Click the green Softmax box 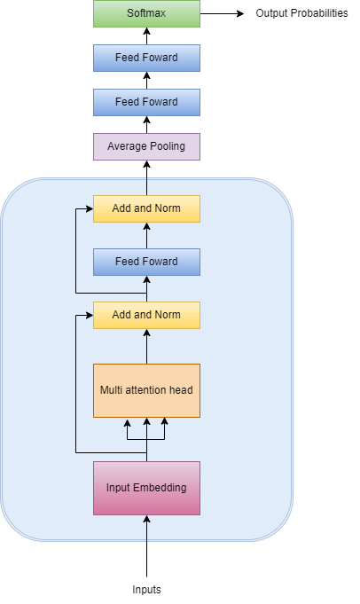(x=146, y=13)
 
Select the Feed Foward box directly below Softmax (x=146, y=58)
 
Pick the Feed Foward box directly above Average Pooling (x=146, y=102)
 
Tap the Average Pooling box (x=146, y=146)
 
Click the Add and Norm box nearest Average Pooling (x=146, y=208)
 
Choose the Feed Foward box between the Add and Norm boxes (x=146, y=262)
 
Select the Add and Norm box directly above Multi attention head (x=146, y=315)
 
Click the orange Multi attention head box (x=146, y=390)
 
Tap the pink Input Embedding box (x=146, y=488)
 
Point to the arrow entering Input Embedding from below (x=146, y=529)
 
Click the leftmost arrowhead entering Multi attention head (x=128, y=422)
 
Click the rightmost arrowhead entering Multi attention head (x=165, y=422)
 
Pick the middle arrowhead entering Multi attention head (x=146, y=422)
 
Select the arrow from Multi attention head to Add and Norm (x=146, y=346)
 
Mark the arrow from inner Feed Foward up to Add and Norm (x=146, y=235)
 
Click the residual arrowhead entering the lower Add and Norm (x=89, y=315)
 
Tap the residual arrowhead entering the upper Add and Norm (x=89, y=208)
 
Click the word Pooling (x=166, y=146)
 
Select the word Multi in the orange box (x=112, y=390)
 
